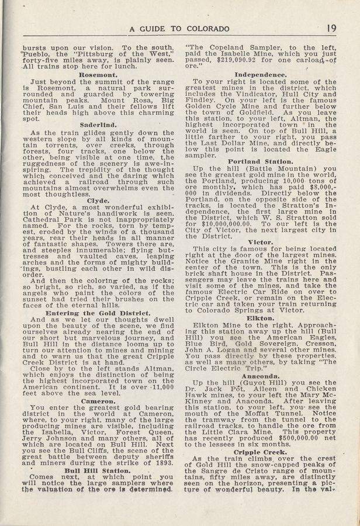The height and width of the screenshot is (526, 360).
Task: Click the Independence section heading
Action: click(x=260, y=75)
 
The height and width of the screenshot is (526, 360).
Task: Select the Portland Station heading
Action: click(x=260, y=160)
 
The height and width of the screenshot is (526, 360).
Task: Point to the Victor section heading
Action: click(x=260, y=241)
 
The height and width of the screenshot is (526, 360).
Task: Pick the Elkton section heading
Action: click(x=260, y=319)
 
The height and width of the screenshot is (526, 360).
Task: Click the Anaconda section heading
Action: click(x=260, y=376)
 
